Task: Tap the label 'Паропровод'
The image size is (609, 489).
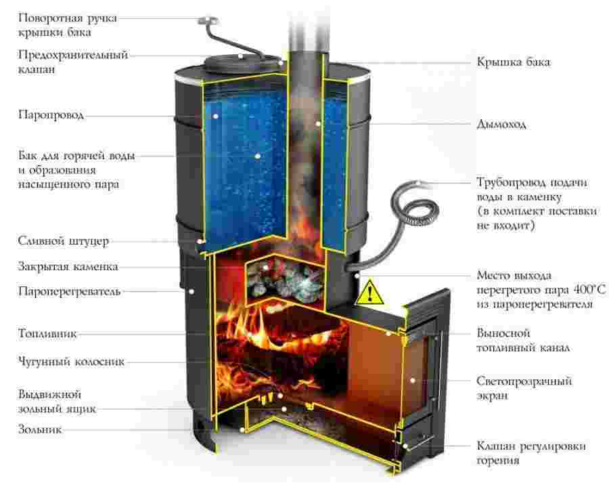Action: (51, 115)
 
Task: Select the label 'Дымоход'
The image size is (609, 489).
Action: (501, 125)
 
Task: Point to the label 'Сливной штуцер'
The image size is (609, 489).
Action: (60, 241)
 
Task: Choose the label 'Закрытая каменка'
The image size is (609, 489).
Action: (68, 266)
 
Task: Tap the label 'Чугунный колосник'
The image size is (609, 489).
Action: (71, 362)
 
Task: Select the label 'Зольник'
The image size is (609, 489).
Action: (41, 429)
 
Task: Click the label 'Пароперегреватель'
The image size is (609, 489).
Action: (69, 292)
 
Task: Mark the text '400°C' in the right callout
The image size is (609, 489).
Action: (589, 290)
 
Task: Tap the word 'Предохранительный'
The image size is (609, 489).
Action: (72, 55)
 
